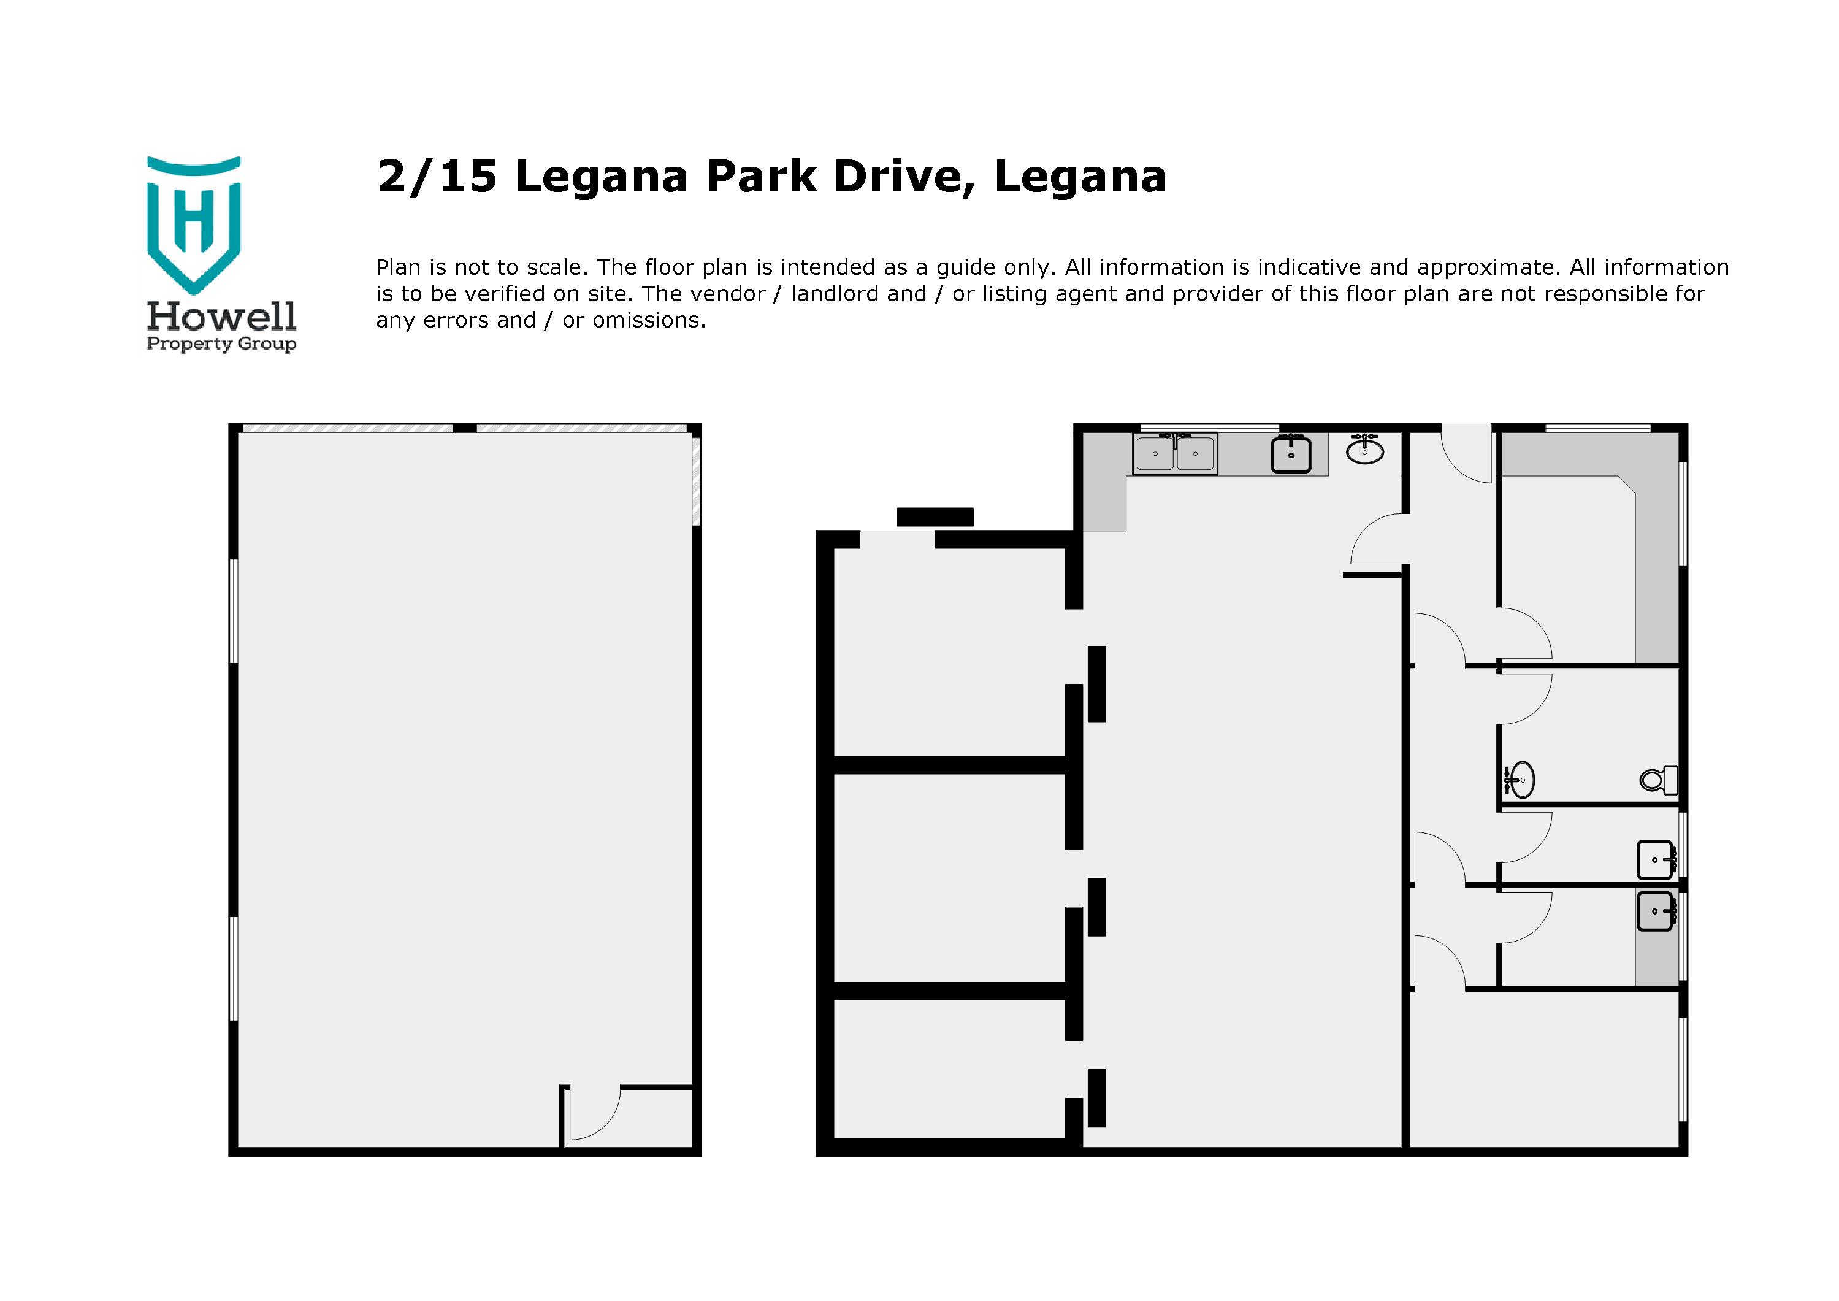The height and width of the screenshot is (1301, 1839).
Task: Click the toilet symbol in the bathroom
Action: click(1659, 778)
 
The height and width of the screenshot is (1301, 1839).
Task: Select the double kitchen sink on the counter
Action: click(1175, 453)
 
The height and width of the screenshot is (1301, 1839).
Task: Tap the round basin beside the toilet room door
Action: click(1520, 778)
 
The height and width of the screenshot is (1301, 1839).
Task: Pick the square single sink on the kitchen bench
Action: click(1291, 455)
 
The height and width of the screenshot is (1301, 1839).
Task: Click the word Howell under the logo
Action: click(221, 317)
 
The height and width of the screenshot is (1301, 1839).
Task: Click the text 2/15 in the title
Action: click(437, 177)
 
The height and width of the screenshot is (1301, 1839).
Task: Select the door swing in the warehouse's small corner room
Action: click(593, 1113)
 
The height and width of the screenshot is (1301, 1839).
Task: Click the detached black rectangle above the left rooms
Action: click(935, 516)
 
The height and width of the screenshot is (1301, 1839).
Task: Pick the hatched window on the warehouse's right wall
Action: click(696, 481)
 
